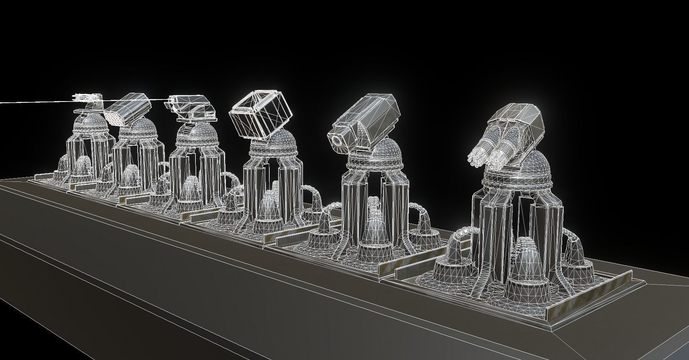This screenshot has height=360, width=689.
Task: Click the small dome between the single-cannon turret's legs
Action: [375, 229]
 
